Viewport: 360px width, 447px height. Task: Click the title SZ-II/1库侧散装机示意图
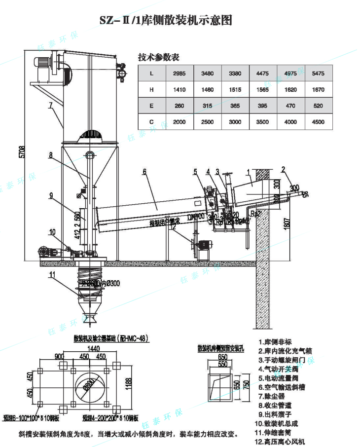166,20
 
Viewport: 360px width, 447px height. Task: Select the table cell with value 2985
179,74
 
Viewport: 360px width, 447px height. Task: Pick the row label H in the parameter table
151,89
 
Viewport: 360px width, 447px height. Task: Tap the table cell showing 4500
319,121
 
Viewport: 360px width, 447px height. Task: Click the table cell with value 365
235,106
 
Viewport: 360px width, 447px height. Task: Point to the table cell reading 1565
263,89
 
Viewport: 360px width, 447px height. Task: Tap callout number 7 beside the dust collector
50,105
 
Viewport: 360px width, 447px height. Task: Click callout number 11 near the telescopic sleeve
52,275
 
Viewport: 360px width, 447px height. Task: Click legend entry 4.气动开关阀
281,369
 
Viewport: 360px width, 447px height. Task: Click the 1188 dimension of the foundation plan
129,383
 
